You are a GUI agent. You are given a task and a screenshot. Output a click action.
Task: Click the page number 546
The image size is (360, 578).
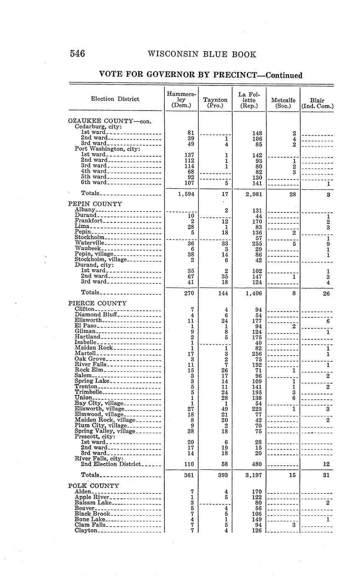tap(77, 54)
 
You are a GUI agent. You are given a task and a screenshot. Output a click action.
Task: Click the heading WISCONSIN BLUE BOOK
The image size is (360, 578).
tap(202, 54)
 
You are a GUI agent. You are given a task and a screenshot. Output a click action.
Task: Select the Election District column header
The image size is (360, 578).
tap(115, 99)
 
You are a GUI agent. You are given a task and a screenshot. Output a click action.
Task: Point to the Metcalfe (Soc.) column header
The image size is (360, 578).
tap(283, 103)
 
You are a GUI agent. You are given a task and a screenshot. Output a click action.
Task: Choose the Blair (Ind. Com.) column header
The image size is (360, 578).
tap(317, 103)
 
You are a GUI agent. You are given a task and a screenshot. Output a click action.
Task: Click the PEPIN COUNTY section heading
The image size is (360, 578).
tap(95, 204)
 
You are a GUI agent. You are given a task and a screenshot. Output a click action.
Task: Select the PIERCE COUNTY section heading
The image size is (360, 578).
tap(97, 303)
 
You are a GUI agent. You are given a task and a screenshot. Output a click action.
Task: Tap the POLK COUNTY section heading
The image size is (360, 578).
tap(93, 486)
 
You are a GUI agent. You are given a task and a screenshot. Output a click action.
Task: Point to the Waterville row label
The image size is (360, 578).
tap(90, 243)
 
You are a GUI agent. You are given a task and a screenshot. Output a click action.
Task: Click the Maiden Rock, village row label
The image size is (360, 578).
tap(105, 420)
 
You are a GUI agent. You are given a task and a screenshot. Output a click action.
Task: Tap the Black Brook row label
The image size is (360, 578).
tap(92, 513)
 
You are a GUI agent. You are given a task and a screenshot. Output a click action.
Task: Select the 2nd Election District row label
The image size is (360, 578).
tap(111, 464)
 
